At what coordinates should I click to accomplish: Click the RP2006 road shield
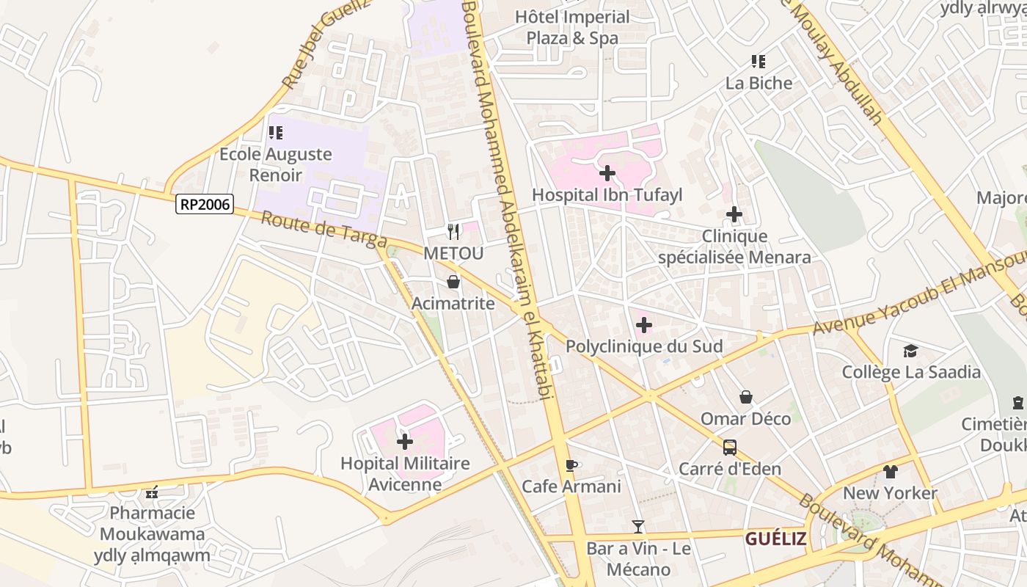pyautogui.click(x=205, y=204)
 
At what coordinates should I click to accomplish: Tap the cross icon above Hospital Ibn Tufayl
pyautogui.click(x=607, y=173)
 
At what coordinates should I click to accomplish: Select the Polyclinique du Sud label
pyautogui.click(x=644, y=346)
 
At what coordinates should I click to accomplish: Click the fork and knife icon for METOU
pyautogui.click(x=453, y=232)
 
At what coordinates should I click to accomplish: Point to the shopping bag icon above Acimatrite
pyautogui.click(x=453, y=282)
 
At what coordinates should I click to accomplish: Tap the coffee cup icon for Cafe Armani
pyautogui.click(x=571, y=465)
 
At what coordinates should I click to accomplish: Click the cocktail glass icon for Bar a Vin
pyautogui.click(x=638, y=526)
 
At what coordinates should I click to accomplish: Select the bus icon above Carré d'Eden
pyautogui.click(x=729, y=447)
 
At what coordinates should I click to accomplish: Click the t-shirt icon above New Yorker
pyautogui.click(x=890, y=472)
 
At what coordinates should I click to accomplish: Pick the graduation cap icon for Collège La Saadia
pyautogui.click(x=910, y=351)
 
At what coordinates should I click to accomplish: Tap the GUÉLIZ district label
pyautogui.click(x=776, y=539)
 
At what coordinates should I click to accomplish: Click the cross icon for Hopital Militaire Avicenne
pyautogui.click(x=404, y=442)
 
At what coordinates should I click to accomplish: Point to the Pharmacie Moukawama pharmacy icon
pyautogui.click(x=153, y=492)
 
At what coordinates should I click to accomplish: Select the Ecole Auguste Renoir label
pyautogui.click(x=276, y=164)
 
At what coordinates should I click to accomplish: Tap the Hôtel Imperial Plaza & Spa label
pyautogui.click(x=572, y=27)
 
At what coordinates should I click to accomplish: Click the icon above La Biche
pyautogui.click(x=758, y=62)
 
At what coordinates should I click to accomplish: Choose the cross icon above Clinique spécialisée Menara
pyautogui.click(x=734, y=214)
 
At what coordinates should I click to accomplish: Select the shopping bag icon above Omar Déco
pyautogui.click(x=745, y=397)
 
